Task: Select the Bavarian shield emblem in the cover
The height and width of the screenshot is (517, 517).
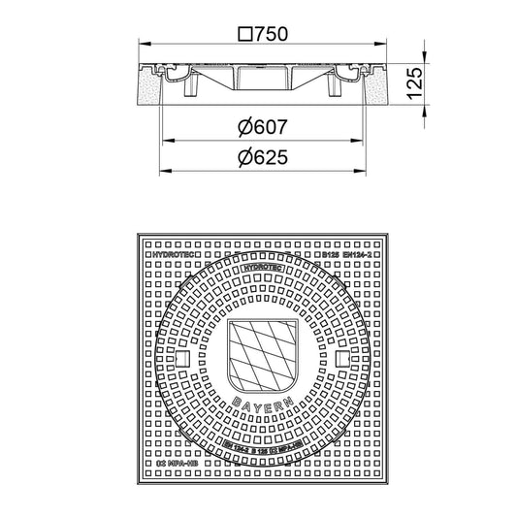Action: coord(258,355)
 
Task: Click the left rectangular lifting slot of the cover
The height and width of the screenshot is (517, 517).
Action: coord(181,360)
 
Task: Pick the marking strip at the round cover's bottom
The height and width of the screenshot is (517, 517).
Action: coord(258,446)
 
